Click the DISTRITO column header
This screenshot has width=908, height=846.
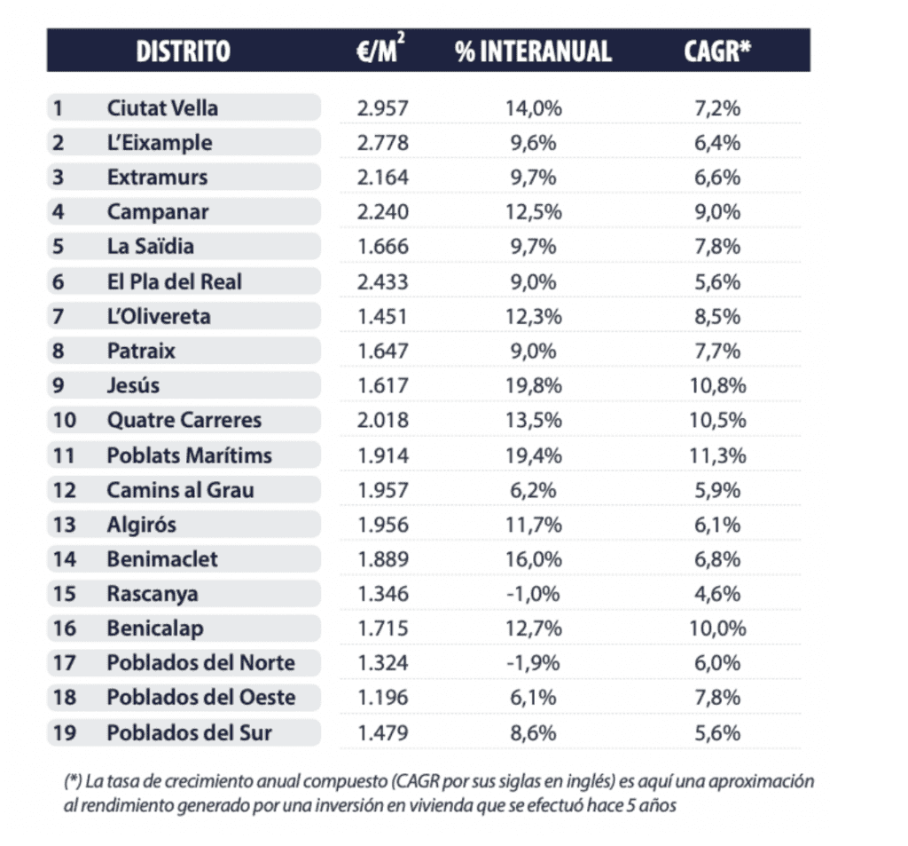(x=183, y=51)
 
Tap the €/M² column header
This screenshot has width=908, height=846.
(x=376, y=51)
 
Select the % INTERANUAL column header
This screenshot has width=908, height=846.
(x=533, y=51)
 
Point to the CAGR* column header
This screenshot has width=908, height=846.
(x=717, y=51)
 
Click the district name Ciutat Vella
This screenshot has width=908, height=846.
(x=162, y=108)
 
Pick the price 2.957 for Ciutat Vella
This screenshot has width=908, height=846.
(x=383, y=108)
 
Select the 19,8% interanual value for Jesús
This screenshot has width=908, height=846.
(x=533, y=385)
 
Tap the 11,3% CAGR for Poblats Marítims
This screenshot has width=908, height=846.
(x=717, y=455)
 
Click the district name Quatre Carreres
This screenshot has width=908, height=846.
(x=184, y=420)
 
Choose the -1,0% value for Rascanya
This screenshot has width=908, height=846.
(x=533, y=594)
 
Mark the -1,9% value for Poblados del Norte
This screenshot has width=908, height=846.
(x=533, y=663)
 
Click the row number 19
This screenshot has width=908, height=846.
(x=64, y=732)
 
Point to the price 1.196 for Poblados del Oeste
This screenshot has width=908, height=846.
(x=383, y=698)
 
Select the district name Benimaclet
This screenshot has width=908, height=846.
(x=162, y=559)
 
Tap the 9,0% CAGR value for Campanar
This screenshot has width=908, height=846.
(x=717, y=212)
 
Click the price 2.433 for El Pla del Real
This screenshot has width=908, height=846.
(x=383, y=281)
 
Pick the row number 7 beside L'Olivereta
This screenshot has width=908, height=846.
(x=59, y=316)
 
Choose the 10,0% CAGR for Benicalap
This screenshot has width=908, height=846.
(x=717, y=629)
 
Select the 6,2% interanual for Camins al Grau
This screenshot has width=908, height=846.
(x=533, y=490)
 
